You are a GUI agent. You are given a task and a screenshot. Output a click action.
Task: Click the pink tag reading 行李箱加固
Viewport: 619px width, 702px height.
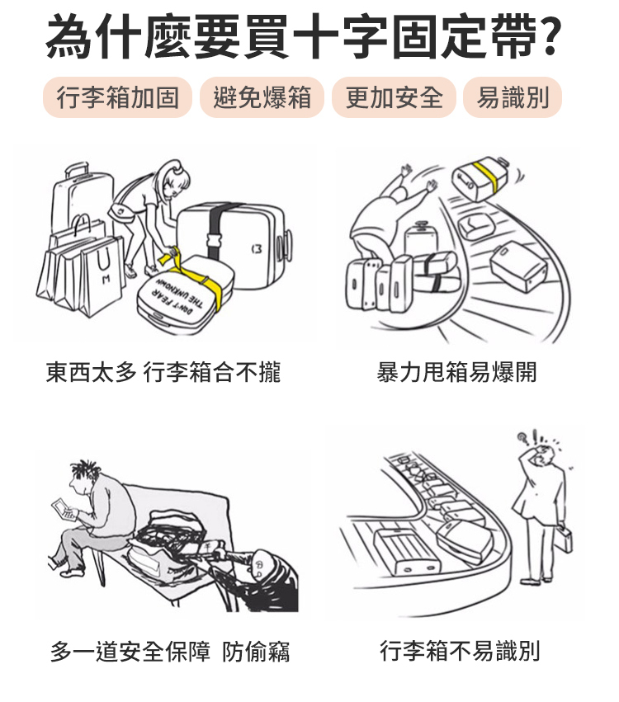click(117, 97)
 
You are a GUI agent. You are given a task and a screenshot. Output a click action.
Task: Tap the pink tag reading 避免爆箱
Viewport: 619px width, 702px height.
click(262, 97)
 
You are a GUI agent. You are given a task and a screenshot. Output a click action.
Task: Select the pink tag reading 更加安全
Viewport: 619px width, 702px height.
click(394, 97)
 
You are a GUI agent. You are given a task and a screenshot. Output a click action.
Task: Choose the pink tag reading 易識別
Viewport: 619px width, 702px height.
click(513, 97)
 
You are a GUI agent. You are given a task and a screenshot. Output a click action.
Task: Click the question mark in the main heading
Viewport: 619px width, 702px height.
click(548, 35)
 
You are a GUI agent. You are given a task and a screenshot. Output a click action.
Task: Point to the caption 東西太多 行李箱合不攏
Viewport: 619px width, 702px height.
click(163, 372)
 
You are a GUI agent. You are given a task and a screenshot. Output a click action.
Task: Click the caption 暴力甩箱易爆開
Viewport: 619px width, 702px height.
click(456, 372)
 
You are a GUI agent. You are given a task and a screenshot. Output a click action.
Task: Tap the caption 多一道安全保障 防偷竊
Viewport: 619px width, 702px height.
click(170, 652)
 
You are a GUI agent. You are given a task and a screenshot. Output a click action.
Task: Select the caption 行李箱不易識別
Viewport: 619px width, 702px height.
click(460, 651)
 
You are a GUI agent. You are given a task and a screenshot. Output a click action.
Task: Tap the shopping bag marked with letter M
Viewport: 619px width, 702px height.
click(102, 276)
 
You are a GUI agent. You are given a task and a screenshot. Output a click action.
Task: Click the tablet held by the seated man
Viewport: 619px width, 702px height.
click(62, 509)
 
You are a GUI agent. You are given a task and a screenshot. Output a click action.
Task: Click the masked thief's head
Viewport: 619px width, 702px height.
click(260, 568)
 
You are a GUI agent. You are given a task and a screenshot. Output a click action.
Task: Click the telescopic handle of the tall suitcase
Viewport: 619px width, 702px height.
click(76, 170)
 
